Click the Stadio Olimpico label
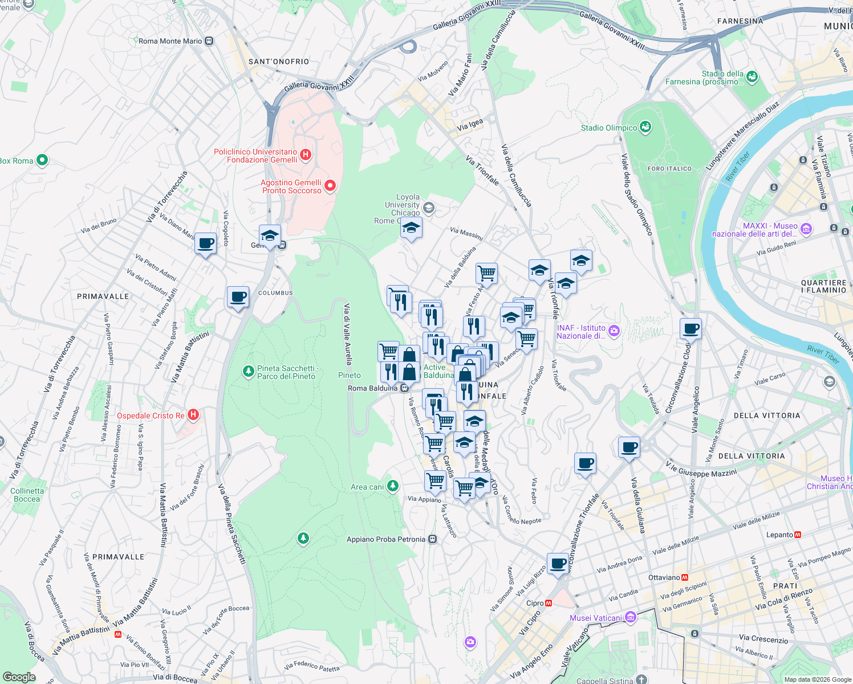[609, 128]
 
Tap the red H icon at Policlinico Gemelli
[306, 154]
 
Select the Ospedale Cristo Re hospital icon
[193, 415]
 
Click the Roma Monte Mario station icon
[209, 41]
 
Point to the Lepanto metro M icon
[798, 535]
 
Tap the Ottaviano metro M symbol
[685, 577]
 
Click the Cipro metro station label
[535, 603]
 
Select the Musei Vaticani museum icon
[630, 617]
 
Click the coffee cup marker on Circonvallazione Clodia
[690, 328]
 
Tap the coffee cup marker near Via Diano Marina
[205, 243]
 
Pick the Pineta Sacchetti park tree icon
[248, 372]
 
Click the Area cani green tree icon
[392, 486]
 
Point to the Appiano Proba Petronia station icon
[433, 539]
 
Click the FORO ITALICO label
[669, 169]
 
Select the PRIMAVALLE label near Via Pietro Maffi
[103, 296]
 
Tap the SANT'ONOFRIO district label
[279, 62]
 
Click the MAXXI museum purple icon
[806, 229]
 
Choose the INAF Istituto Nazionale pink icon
[614, 331]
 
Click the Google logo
[19, 677]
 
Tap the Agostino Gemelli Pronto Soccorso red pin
[330, 186]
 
